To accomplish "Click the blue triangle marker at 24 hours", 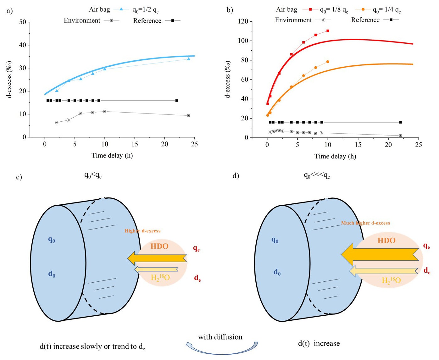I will [x=189, y=59].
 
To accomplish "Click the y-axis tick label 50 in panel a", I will [x=22, y=22].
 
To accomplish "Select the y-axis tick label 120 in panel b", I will [x=243, y=21].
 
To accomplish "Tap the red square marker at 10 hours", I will [x=328, y=31].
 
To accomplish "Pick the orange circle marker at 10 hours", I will [x=328, y=62].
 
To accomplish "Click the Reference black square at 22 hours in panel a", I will [x=176, y=101].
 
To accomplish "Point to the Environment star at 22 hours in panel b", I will [x=400, y=136].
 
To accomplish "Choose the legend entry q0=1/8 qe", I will [x=334, y=10].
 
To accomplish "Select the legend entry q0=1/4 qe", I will [x=386, y=10].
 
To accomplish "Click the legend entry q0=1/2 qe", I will [x=145, y=10].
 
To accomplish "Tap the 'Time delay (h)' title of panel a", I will [x=112, y=155].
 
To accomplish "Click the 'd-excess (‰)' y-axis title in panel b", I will [x=228, y=80].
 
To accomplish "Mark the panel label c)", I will [x=19, y=177].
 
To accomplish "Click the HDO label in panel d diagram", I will [x=386, y=241].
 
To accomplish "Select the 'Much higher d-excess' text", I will [x=365, y=223].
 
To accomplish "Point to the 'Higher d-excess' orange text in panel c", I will [x=142, y=231].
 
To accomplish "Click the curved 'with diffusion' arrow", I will [x=222, y=348].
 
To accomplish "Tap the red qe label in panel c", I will [x=196, y=249].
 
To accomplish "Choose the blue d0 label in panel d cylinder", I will [x=277, y=272].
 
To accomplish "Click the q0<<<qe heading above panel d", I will [x=317, y=176].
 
